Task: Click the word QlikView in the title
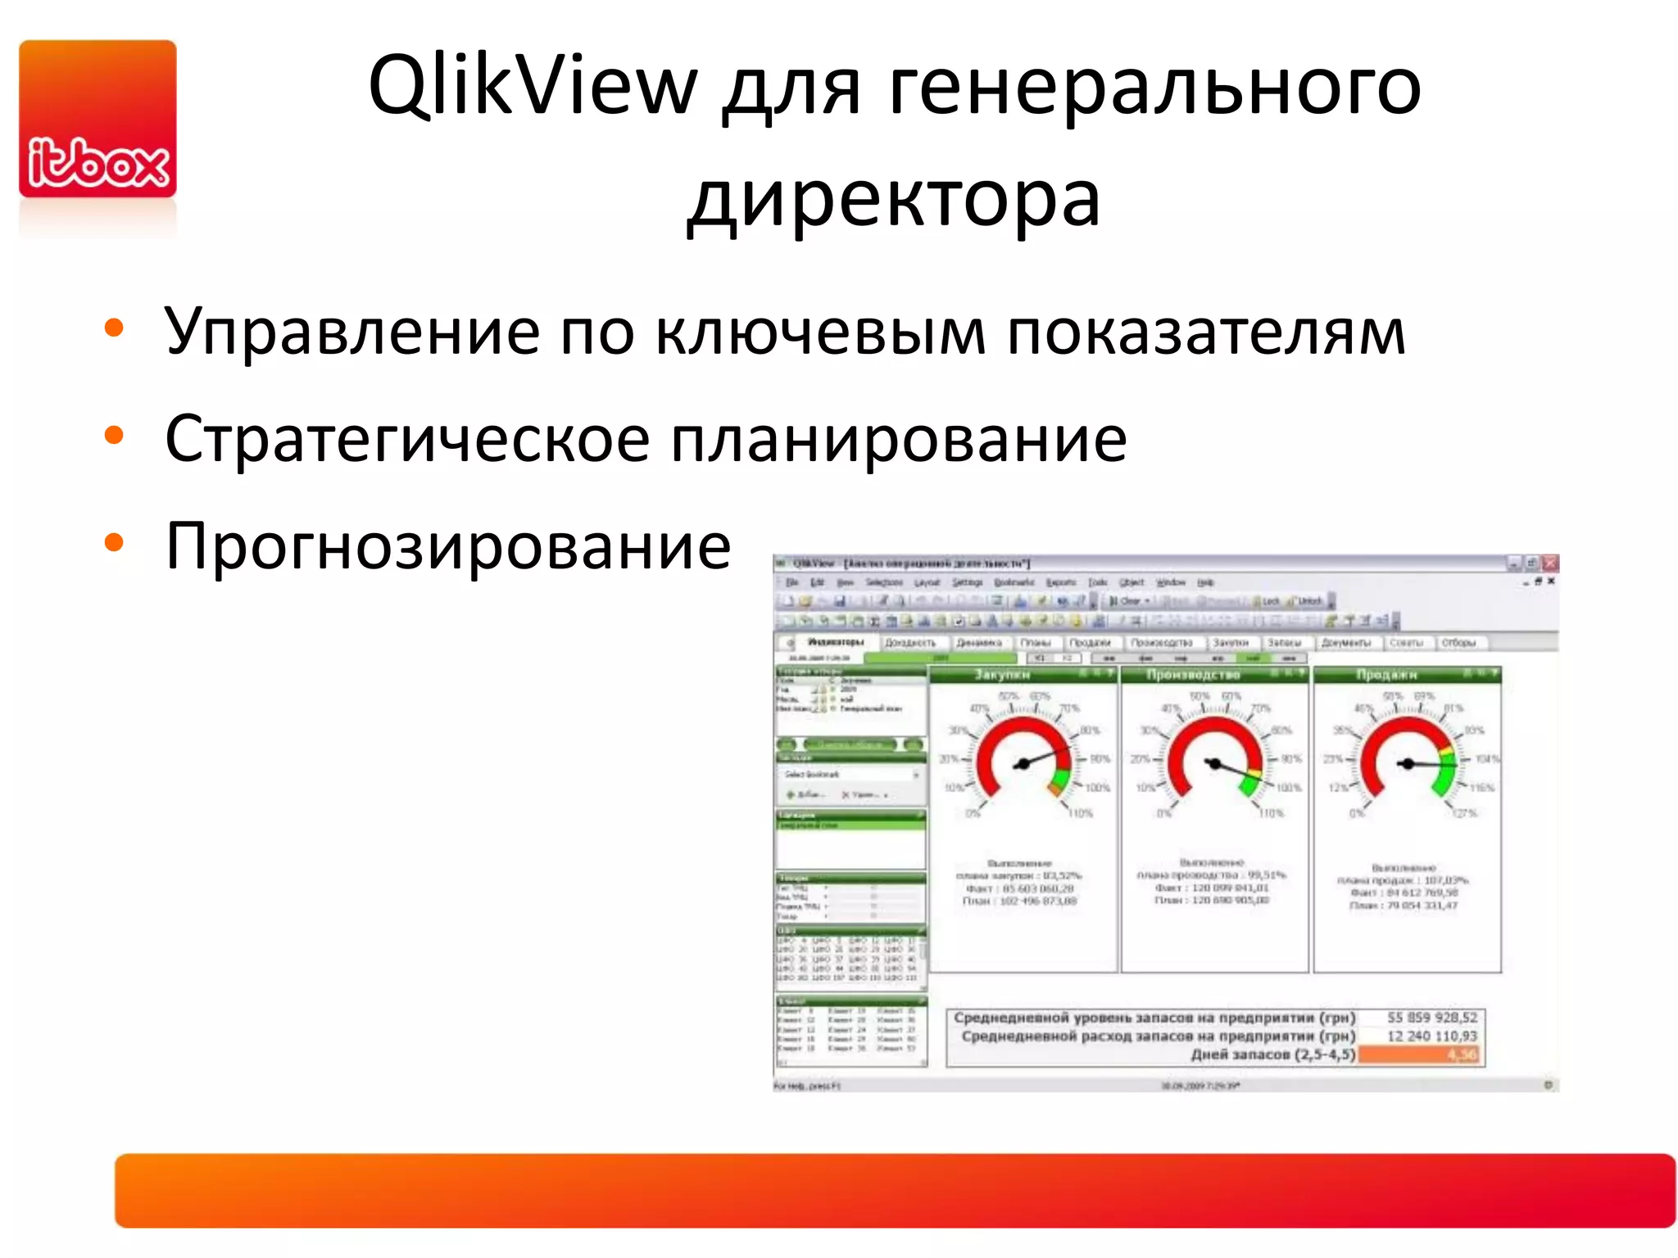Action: coord(532,85)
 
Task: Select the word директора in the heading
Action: coord(894,199)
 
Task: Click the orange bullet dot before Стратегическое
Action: coord(114,436)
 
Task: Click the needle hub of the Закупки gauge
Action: coord(1022,765)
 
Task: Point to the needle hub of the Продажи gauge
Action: coord(1408,764)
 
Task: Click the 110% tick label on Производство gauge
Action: coord(1271,813)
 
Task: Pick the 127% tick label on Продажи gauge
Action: coord(1464,813)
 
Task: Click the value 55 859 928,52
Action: coord(1431,1017)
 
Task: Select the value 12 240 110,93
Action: coord(1431,1036)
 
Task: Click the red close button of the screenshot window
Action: coord(1549,563)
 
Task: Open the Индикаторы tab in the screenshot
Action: coord(835,643)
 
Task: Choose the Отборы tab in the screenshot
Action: coord(1458,643)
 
